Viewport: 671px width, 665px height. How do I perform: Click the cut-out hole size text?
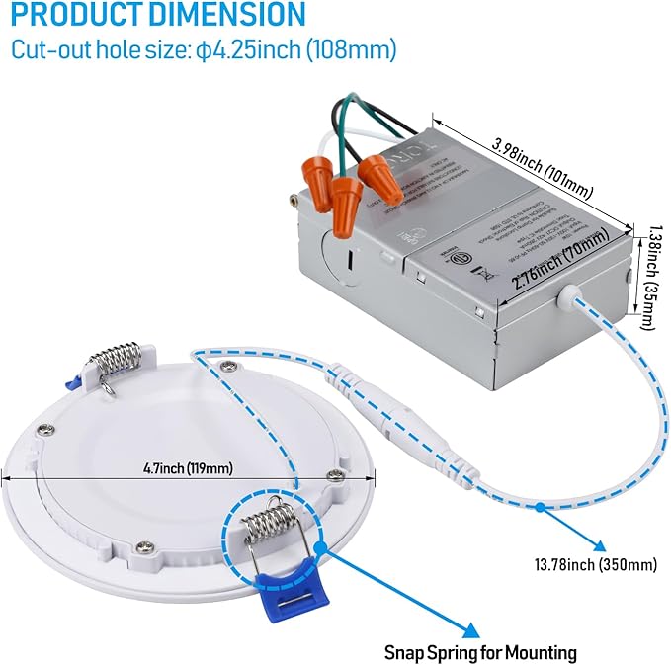tap(204, 50)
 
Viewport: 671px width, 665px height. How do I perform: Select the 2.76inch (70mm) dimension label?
tap(557, 270)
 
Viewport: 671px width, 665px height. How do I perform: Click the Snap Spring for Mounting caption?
tap(480, 652)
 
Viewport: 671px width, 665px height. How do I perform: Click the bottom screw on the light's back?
tap(145, 544)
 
